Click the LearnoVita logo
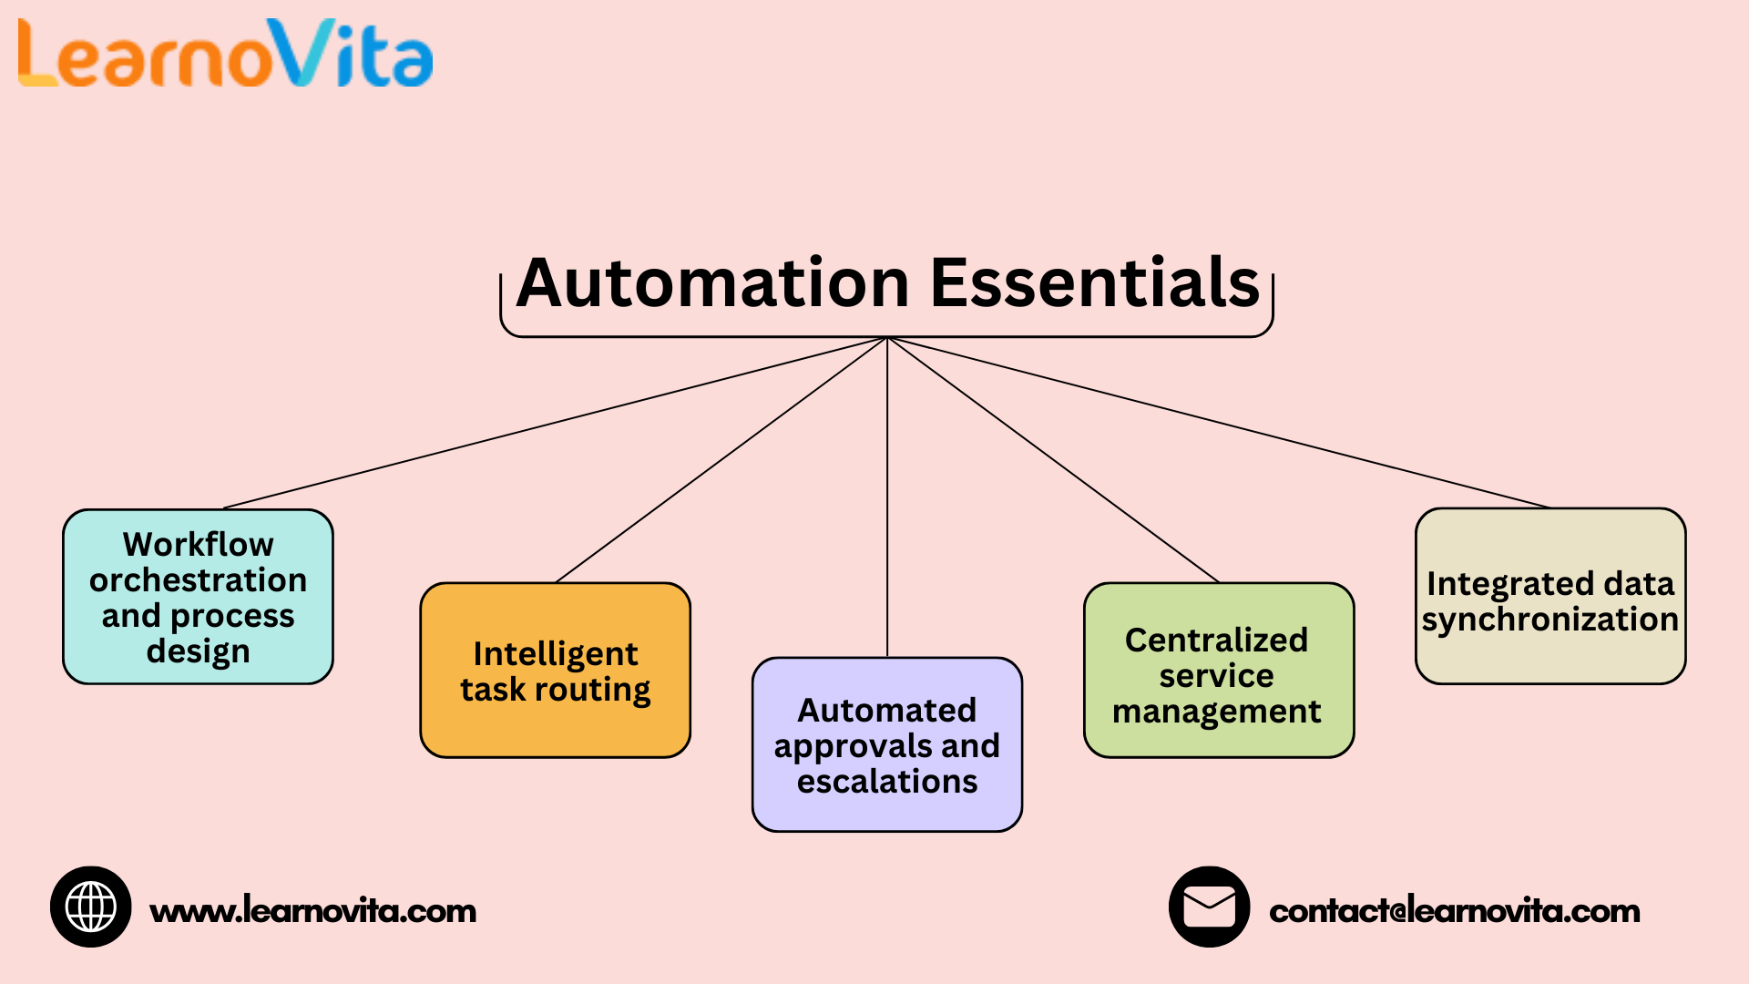point(225,55)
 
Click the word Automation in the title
point(713,283)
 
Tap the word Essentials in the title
point(1095,283)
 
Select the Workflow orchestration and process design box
point(198,597)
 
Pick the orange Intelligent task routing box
point(555,671)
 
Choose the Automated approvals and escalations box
point(886,744)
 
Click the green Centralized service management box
point(1218,671)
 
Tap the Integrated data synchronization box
point(1550,597)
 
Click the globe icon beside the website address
point(91,907)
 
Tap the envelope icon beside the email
point(1209,907)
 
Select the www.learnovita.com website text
point(312,911)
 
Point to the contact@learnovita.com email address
point(1454,911)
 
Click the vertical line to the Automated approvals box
point(887,501)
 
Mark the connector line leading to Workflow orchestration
point(556,423)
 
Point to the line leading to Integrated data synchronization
point(1219,423)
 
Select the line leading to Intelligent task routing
point(721,460)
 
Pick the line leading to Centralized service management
point(1053,460)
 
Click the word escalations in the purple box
point(887,782)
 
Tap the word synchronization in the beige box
point(1550,620)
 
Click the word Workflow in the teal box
point(198,544)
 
